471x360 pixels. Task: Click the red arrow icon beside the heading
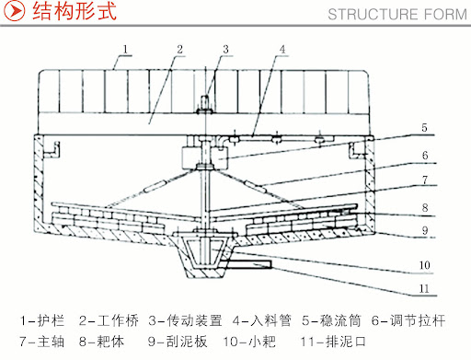pyautogui.click(x=14, y=11)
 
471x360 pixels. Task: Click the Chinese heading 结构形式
pyautogui.click(x=75, y=11)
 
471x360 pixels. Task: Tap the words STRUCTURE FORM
pyautogui.click(x=397, y=15)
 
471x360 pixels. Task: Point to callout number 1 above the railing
pyautogui.click(x=125, y=50)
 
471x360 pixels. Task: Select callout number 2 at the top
pyautogui.click(x=179, y=50)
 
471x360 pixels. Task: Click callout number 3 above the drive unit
pyautogui.click(x=225, y=50)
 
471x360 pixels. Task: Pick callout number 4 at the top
pyautogui.click(x=282, y=50)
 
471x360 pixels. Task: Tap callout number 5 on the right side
pyautogui.click(x=424, y=128)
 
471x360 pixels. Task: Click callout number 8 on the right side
pyautogui.click(x=425, y=208)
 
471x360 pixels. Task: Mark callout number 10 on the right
pyautogui.click(x=425, y=265)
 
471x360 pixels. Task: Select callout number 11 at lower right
pyautogui.click(x=424, y=288)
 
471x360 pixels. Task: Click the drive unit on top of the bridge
pyautogui.click(x=205, y=104)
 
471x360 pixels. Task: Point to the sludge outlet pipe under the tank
pyautogui.click(x=249, y=264)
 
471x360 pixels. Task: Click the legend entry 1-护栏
pyautogui.click(x=42, y=320)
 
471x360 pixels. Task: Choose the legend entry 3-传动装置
pyautogui.click(x=185, y=320)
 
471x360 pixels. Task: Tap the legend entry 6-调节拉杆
pyautogui.click(x=408, y=320)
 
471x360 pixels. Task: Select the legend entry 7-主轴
pyautogui.click(x=42, y=342)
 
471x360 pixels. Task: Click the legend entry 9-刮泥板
pyautogui.click(x=178, y=342)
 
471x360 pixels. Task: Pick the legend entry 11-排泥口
pyautogui.click(x=333, y=342)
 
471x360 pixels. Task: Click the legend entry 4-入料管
pyautogui.click(x=262, y=320)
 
